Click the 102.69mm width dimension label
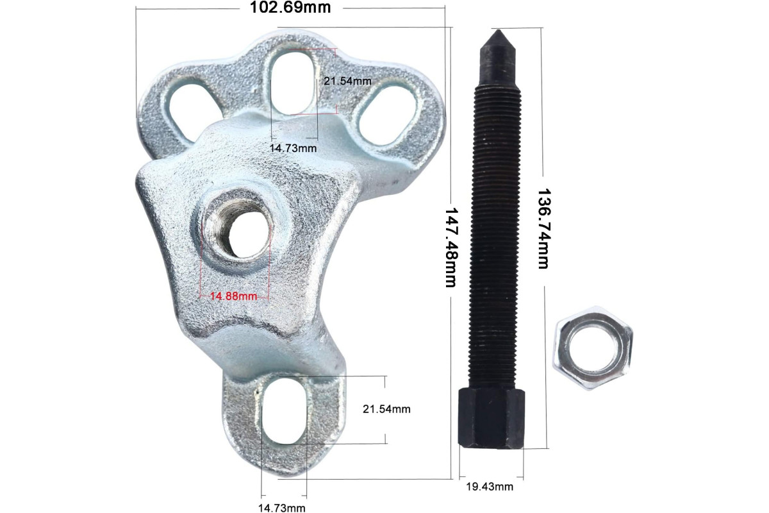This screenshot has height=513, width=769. tap(290, 7)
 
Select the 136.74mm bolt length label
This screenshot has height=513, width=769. tap(543, 228)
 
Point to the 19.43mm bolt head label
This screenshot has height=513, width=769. tap(490, 487)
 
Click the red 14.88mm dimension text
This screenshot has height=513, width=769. tap(233, 296)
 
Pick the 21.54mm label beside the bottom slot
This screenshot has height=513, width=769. tap(386, 409)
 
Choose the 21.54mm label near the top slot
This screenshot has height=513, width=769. tap(347, 81)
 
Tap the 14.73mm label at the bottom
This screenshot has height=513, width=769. tap(282, 508)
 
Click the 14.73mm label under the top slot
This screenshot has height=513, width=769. tap(294, 148)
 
